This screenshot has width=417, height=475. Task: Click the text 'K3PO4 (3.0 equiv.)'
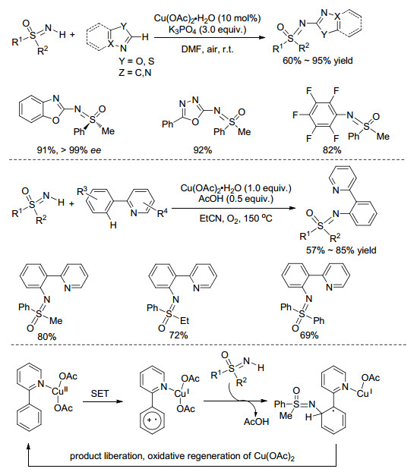coord(207,30)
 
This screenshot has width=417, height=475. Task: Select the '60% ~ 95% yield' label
coord(317,61)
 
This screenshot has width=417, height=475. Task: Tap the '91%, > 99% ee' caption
coord(69,150)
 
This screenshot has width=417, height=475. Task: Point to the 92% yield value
coord(203,150)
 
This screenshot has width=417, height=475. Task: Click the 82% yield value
coord(332,150)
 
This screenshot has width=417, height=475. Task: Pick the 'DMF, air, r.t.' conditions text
coord(207,49)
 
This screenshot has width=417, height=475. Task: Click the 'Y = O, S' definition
coord(137,61)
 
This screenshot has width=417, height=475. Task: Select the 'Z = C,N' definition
coord(135,73)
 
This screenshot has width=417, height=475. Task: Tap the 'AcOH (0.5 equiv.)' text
coord(236,199)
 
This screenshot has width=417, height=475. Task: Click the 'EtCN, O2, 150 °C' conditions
coord(235,218)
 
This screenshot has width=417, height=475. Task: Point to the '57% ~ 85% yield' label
coord(341,250)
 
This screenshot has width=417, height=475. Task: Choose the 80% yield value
coord(46,337)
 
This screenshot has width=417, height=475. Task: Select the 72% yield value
coord(178,335)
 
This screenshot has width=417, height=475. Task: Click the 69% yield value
coord(309,335)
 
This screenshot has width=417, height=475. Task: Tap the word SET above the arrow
coord(100,394)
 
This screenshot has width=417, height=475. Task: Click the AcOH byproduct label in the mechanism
coord(256,421)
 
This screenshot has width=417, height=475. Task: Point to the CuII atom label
coord(60,391)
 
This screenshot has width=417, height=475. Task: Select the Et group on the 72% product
coord(185,320)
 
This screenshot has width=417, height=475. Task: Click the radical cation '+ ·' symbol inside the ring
coord(152,420)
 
